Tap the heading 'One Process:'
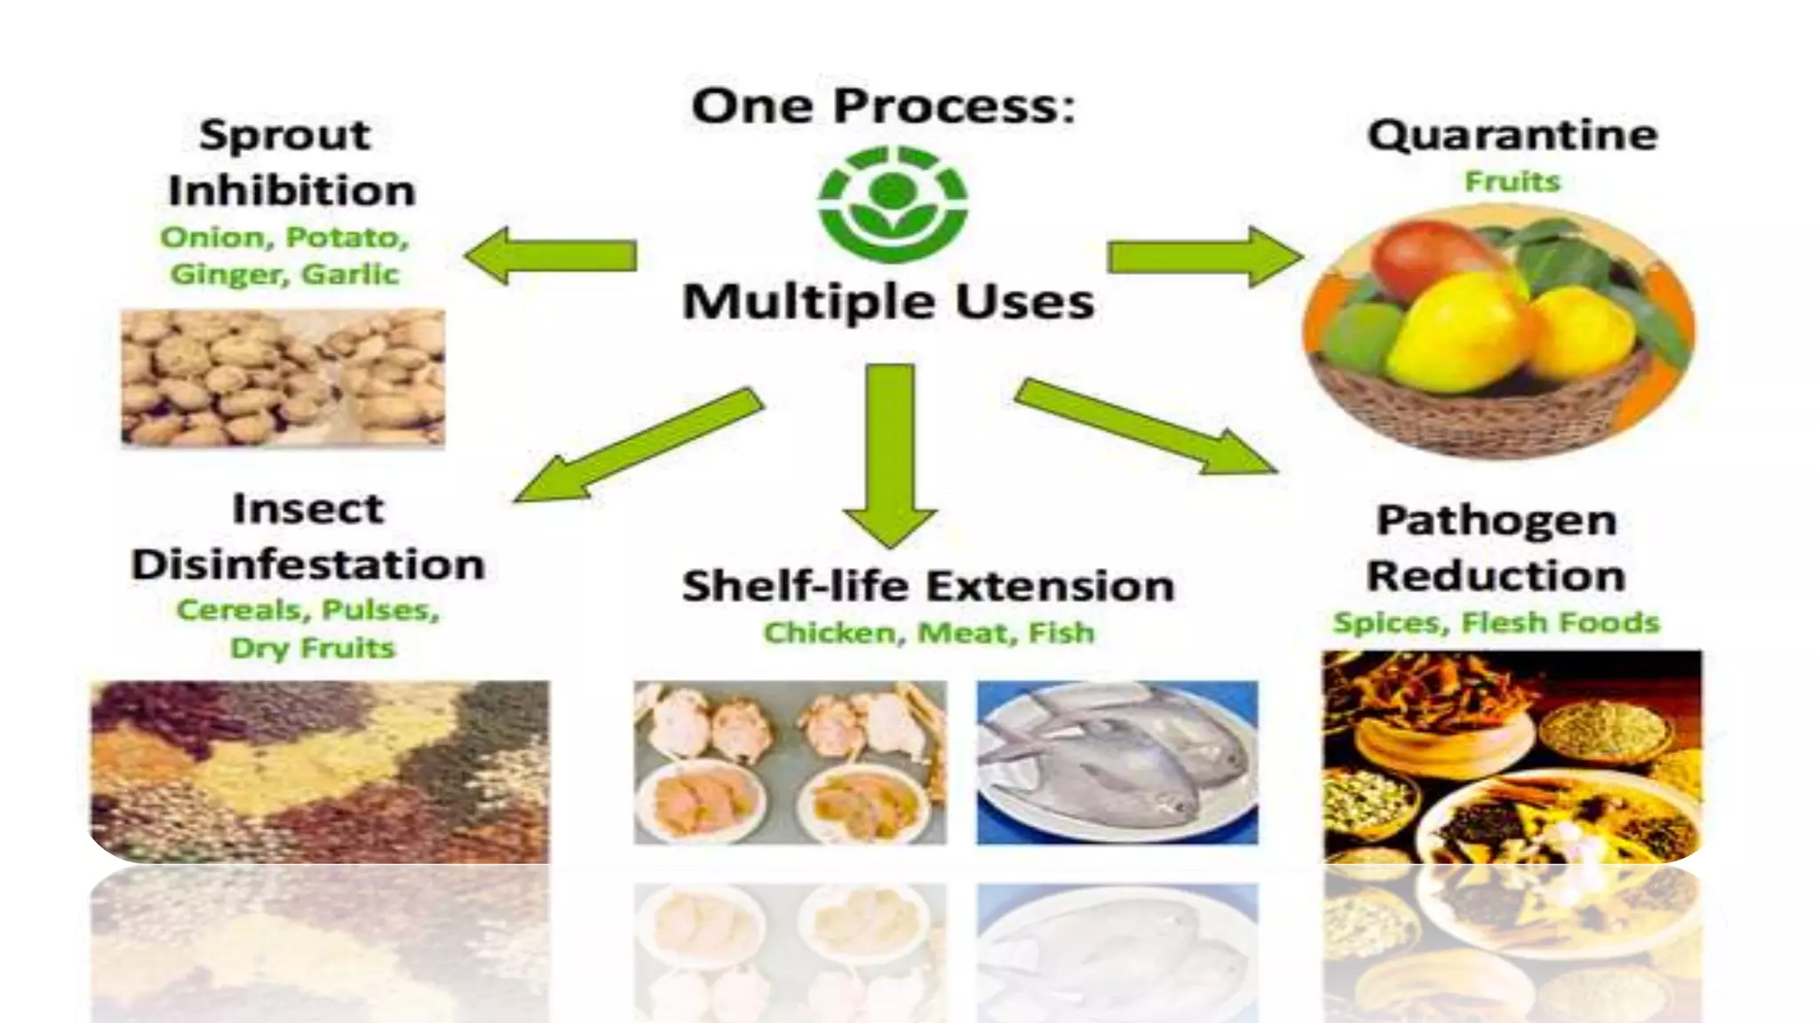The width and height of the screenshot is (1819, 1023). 883,107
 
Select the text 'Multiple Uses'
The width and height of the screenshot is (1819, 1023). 888,302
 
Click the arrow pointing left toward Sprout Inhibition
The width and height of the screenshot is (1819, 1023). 551,256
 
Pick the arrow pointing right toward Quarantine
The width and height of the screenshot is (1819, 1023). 1204,257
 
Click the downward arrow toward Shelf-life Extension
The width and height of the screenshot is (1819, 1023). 890,453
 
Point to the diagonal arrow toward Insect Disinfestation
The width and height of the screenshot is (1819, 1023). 639,444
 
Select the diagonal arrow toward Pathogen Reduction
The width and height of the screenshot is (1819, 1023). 1146,426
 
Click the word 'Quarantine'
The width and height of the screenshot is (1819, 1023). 1512,136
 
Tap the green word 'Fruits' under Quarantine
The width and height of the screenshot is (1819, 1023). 1512,182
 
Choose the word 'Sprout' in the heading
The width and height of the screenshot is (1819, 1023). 284,136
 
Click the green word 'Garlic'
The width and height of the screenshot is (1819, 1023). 350,274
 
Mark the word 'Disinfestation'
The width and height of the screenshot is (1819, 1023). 308,566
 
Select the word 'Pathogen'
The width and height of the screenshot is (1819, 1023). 1497,520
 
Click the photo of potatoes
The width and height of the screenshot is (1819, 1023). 282,377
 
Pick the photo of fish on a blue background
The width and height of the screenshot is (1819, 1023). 1117,762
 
